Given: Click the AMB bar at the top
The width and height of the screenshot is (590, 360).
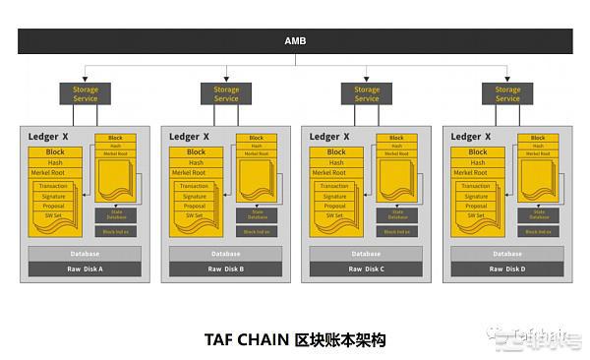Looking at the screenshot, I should (x=295, y=41).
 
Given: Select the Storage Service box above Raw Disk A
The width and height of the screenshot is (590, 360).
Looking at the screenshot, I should (x=86, y=93).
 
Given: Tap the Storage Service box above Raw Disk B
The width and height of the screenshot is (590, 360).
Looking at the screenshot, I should (x=226, y=93).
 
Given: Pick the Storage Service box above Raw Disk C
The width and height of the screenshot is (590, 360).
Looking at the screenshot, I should (x=367, y=93).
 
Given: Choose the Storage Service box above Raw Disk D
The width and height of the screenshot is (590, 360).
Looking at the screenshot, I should (x=507, y=93).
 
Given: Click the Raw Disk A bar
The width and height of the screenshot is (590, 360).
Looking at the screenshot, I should (x=86, y=269).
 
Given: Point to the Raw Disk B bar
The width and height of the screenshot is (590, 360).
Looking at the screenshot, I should (x=226, y=269).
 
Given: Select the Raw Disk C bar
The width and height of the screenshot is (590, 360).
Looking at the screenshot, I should (x=367, y=269).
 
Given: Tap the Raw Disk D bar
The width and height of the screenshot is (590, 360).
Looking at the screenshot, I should (x=507, y=269).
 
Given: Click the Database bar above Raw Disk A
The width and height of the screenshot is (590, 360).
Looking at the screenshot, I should (x=86, y=254).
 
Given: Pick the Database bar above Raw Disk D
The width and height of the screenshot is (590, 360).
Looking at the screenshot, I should (x=507, y=254).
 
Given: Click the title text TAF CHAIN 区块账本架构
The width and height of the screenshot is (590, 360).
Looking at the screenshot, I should (x=295, y=339).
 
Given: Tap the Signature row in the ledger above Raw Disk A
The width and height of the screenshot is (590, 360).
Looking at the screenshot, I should (x=56, y=196).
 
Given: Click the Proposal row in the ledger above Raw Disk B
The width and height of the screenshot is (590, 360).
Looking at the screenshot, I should (x=197, y=206).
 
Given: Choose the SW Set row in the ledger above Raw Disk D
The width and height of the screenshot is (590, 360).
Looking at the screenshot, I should (x=478, y=215).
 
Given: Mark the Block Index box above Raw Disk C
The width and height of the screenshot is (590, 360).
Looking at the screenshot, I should (x=396, y=231).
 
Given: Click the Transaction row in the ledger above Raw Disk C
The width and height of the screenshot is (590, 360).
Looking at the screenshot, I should (x=337, y=186).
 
